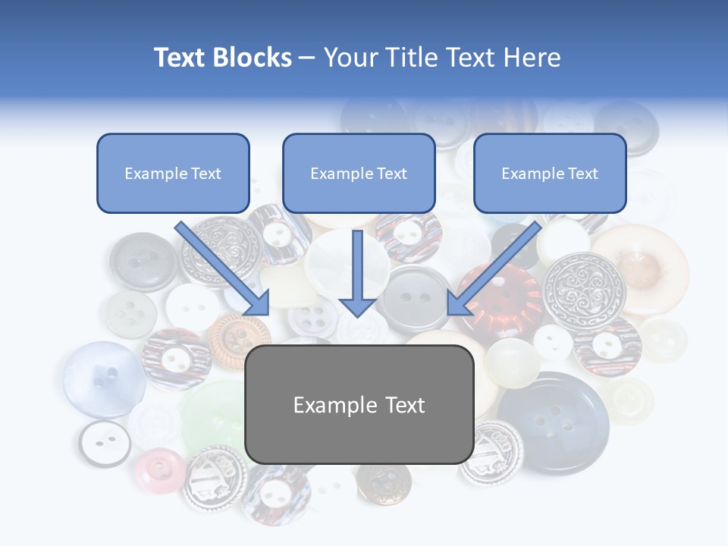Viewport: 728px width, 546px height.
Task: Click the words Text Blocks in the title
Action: (x=222, y=58)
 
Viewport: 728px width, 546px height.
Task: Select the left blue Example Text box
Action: (x=173, y=173)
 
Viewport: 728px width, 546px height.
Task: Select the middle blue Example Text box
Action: (x=359, y=173)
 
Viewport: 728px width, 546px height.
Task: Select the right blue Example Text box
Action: (x=550, y=173)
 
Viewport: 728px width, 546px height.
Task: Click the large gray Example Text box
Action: (x=359, y=404)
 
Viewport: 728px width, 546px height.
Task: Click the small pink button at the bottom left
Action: (x=160, y=470)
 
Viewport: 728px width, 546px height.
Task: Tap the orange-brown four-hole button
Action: (x=239, y=337)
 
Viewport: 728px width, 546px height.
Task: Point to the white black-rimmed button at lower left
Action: (x=105, y=443)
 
